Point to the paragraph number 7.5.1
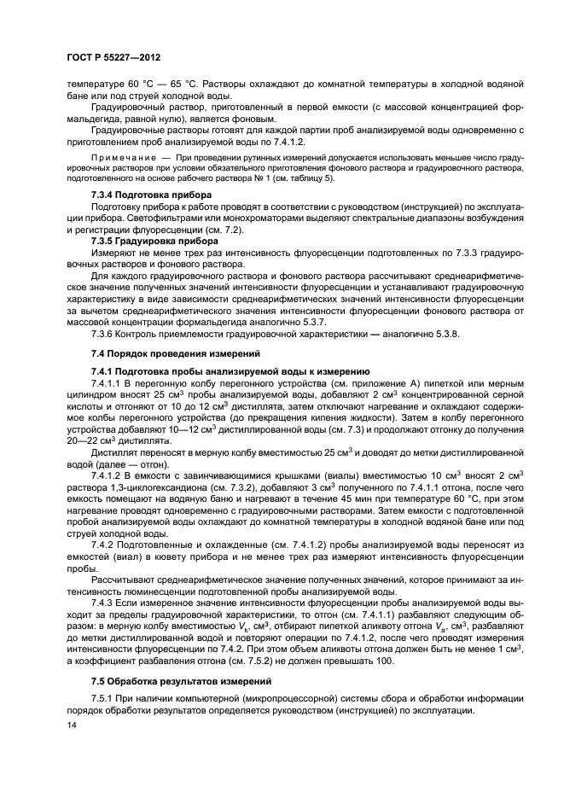tap(106, 699)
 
